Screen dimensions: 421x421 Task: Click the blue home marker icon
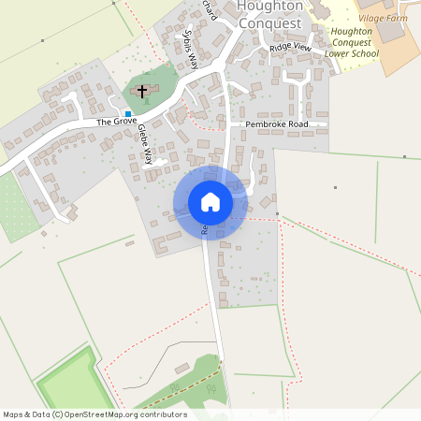pos(210,202)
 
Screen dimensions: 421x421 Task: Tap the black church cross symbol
pos(143,91)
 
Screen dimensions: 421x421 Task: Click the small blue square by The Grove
pos(128,113)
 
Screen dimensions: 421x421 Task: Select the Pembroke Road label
pos(276,123)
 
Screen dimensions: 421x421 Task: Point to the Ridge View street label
pos(289,47)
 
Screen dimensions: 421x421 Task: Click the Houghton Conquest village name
pos(269,14)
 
